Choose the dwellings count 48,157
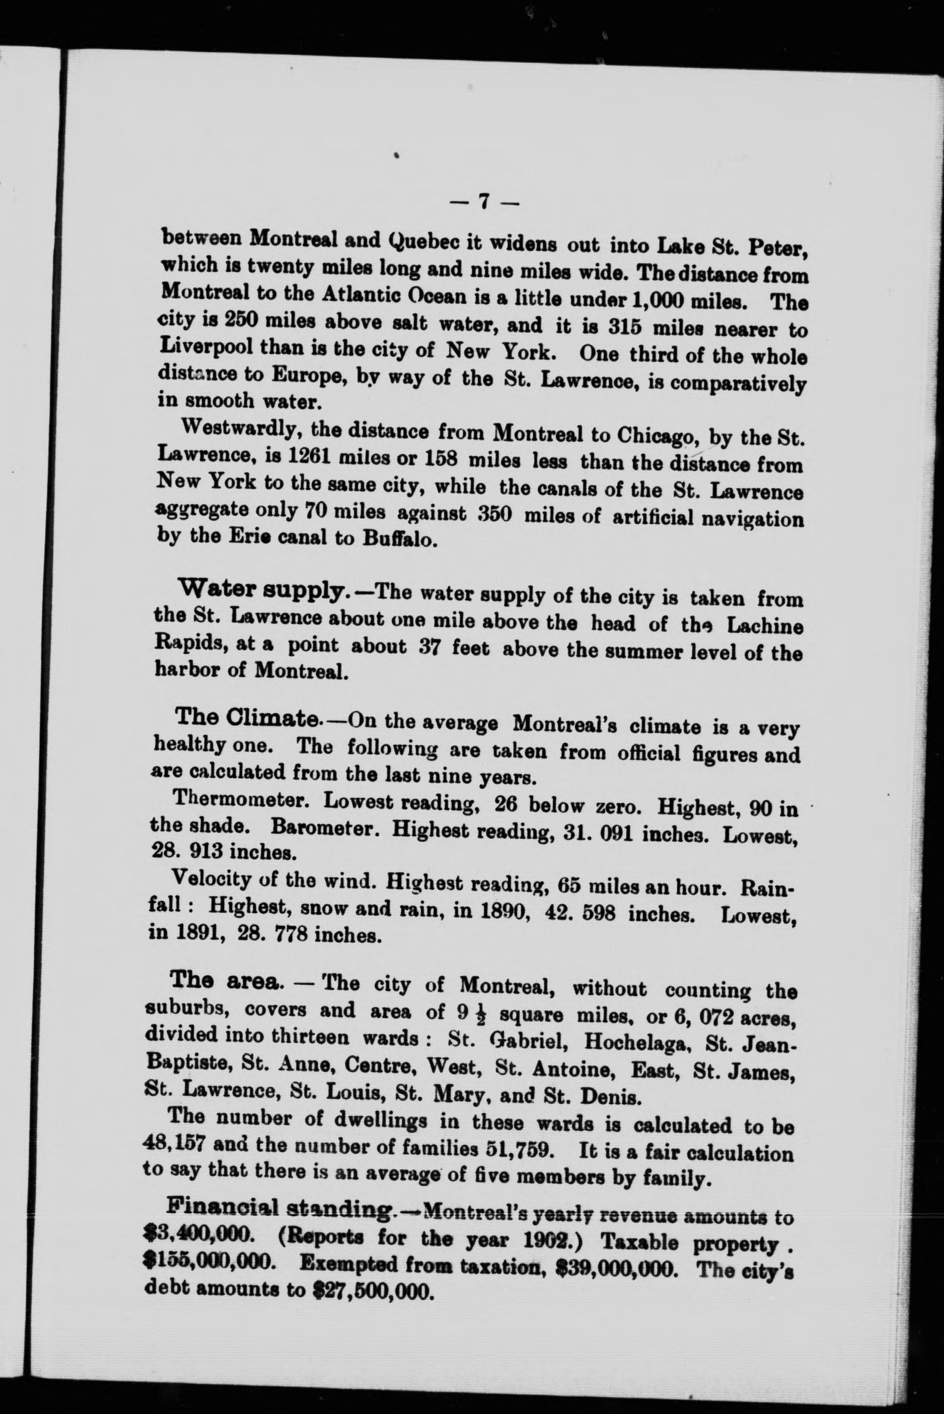click(x=174, y=1143)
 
